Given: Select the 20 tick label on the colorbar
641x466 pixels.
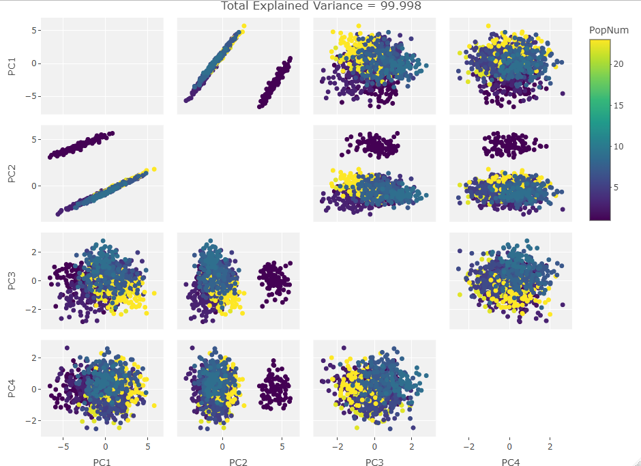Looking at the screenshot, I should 618,63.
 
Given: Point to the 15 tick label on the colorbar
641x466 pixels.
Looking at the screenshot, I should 618,105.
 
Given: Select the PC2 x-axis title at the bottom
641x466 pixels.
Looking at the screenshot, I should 238,463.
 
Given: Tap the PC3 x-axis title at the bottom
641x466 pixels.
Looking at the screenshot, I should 374,463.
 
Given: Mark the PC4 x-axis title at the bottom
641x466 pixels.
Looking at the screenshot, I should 511,463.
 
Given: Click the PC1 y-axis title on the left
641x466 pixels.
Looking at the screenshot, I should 12,66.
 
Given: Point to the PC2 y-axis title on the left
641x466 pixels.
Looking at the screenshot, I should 12,174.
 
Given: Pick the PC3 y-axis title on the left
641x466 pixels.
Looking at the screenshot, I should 12,281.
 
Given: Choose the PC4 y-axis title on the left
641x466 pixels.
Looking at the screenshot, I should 12,389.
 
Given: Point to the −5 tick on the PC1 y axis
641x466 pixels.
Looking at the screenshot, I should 29,96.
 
